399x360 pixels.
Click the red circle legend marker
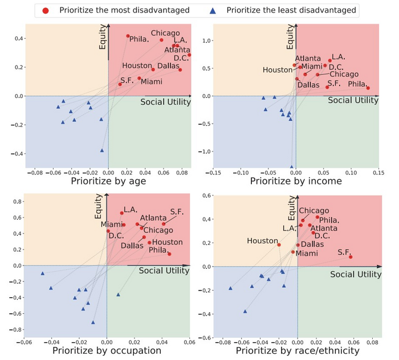(x=46, y=10)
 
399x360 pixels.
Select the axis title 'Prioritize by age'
(x=109, y=182)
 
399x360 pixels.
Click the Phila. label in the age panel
(x=139, y=39)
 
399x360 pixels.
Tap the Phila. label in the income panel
(x=359, y=84)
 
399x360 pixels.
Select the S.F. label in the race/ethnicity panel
(x=344, y=251)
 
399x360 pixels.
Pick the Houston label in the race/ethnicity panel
(x=262, y=241)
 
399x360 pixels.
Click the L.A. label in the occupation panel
(x=131, y=210)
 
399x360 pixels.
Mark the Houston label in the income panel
(x=278, y=69)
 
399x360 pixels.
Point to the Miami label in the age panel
(x=152, y=81)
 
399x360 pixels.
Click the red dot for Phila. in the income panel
(x=368, y=88)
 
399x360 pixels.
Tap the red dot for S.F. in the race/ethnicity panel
(x=351, y=257)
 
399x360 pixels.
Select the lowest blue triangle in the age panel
(x=103, y=150)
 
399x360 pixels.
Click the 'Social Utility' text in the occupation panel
(x=164, y=271)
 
